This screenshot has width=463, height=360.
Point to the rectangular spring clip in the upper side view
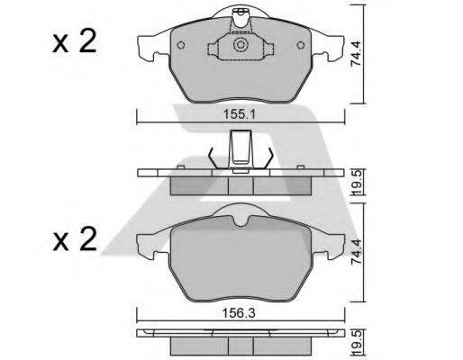click(241, 148)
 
